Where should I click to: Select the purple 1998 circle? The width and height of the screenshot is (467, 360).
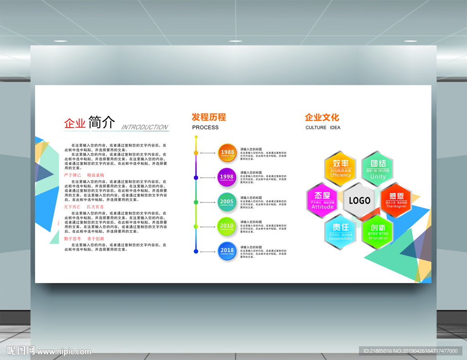pos(227,177)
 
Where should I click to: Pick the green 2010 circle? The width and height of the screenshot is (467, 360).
pos(227,226)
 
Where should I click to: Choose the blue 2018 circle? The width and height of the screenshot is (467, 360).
pos(227,251)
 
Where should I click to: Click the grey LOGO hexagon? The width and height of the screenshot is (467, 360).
pos(359,201)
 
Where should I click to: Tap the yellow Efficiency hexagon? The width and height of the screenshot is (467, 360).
pos(340,168)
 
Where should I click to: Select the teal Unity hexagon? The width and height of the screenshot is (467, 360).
pos(378,168)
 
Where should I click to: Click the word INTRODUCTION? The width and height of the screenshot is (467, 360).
pos(145,127)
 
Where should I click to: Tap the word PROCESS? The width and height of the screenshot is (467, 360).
pos(205,128)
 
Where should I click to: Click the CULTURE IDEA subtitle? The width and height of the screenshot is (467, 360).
pos(323,128)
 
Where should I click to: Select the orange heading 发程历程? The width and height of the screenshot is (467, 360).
pos(209,117)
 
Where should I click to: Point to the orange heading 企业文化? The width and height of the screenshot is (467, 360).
pos(322,117)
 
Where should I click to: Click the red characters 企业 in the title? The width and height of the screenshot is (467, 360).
pos(75,123)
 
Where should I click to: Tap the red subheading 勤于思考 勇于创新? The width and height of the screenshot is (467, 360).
pos(84,238)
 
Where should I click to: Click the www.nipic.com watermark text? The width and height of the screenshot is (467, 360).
pos(64,351)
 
